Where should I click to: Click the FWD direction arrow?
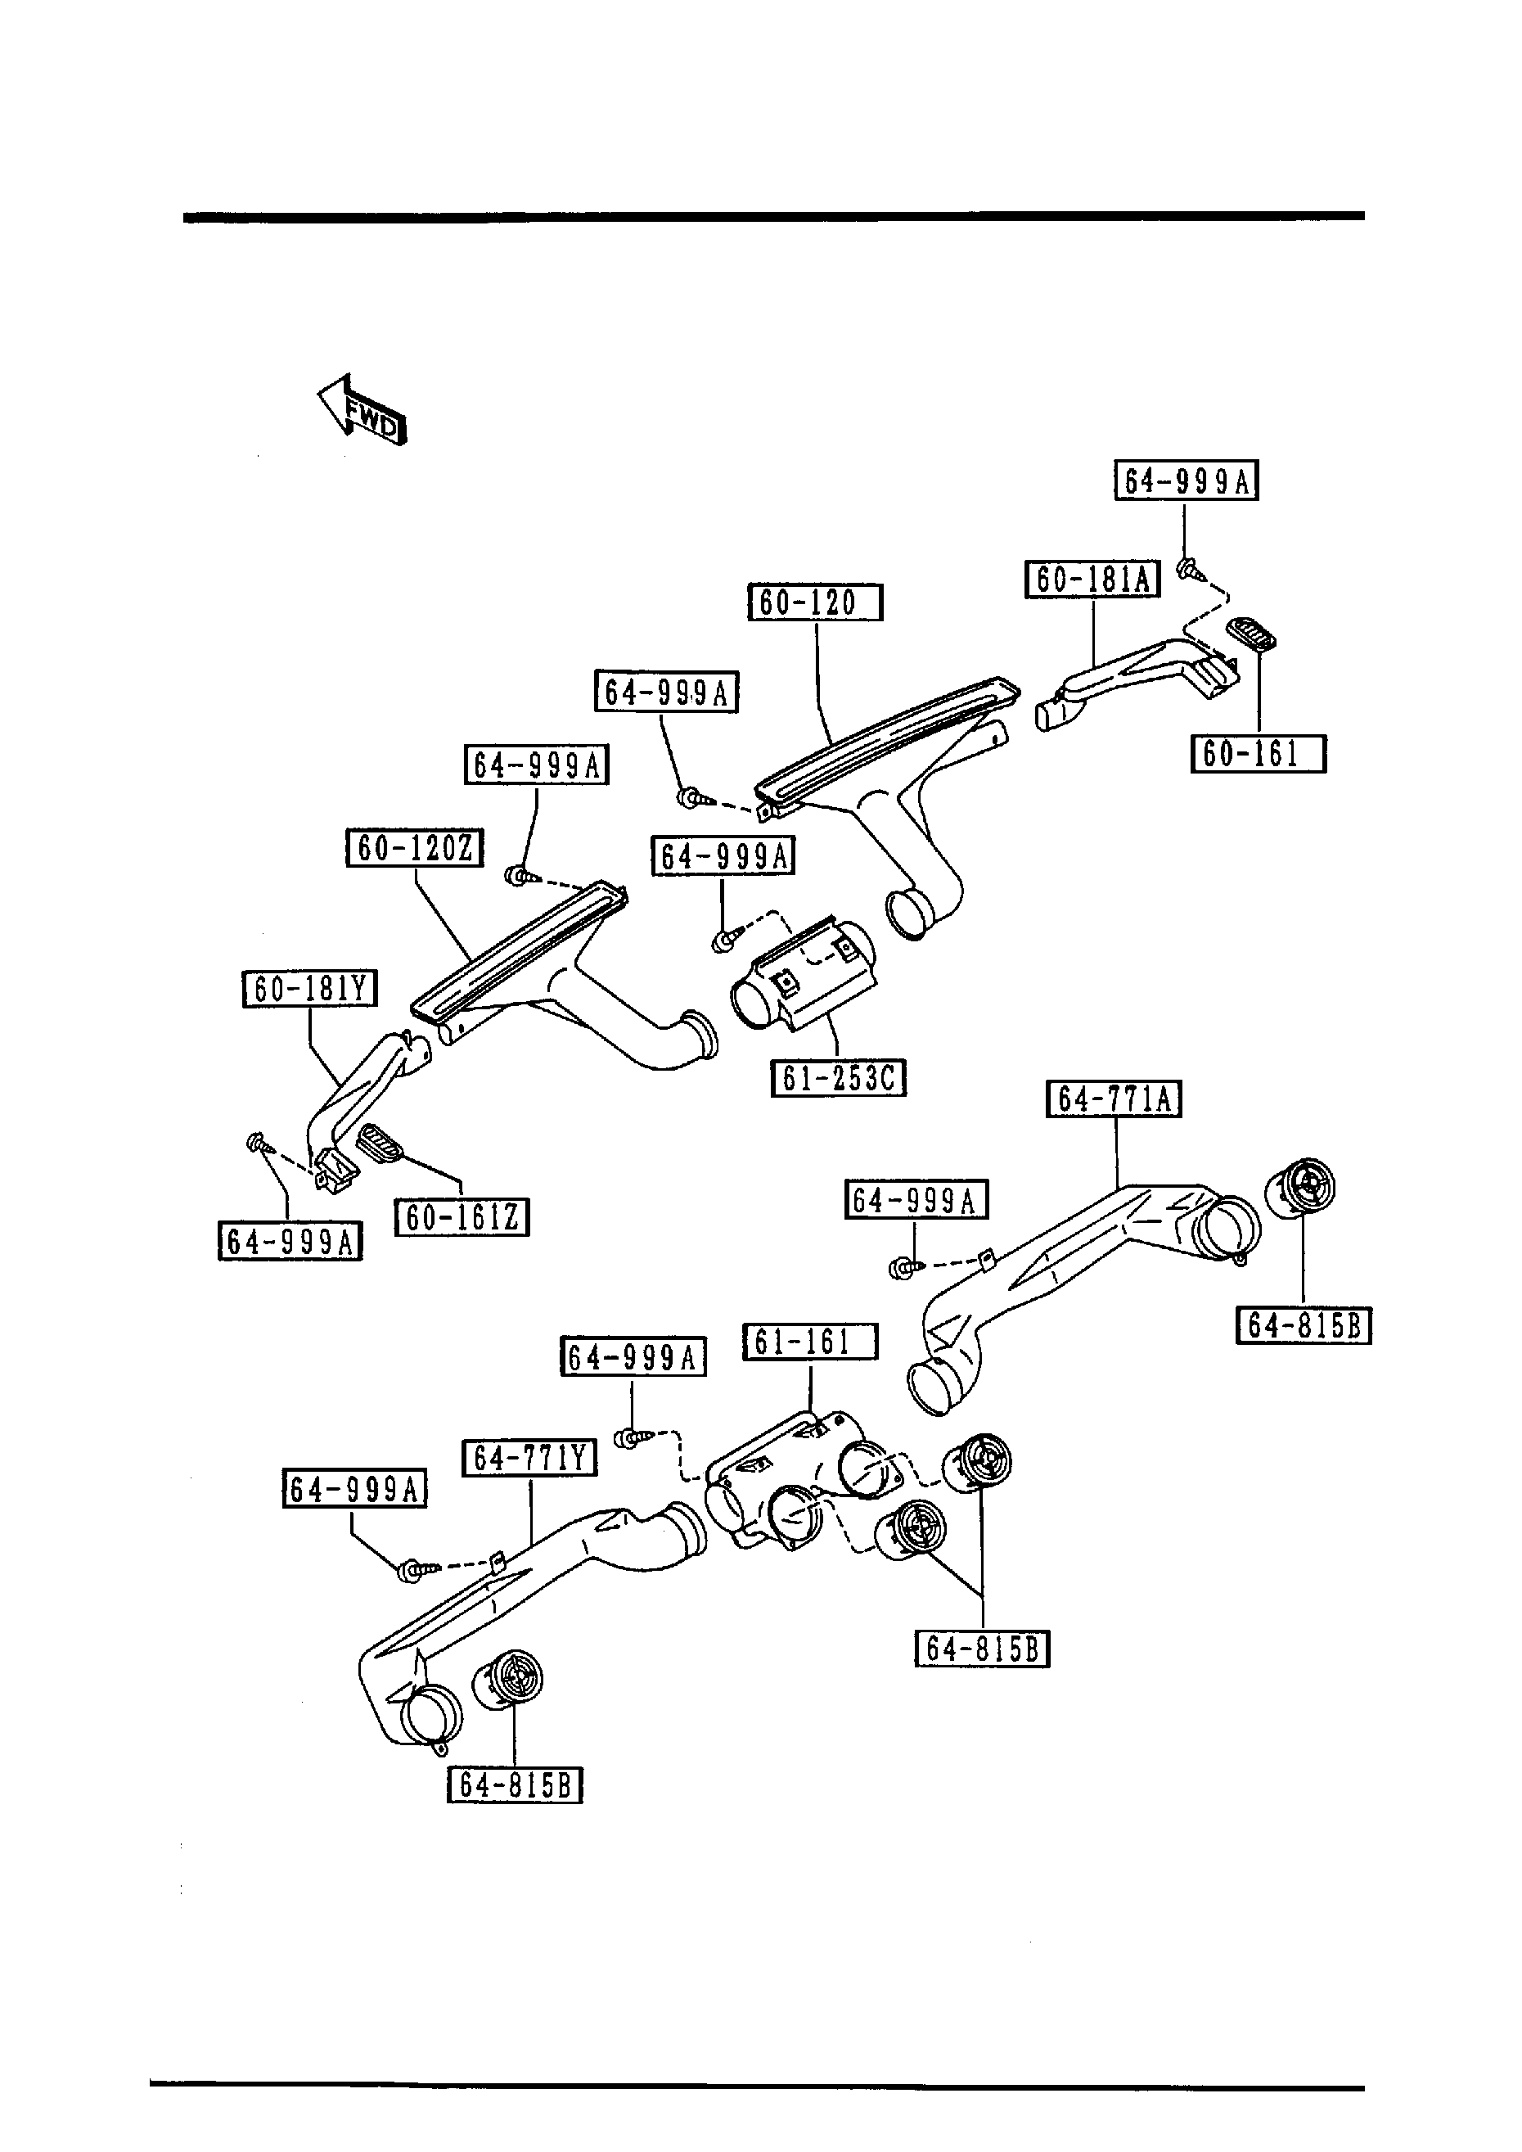(362, 409)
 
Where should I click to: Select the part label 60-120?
(814, 602)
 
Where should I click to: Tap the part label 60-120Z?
(414, 848)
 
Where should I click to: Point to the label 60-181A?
(1092, 580)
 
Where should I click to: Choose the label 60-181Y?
(309, 989)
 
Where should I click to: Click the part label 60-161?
(1258, 754)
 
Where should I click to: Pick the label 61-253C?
(838, 1078)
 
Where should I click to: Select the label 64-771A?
(1114, 1099)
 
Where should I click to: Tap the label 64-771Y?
(529, 1459)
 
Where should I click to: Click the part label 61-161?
(810, 1342)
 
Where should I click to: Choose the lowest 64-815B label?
(515, 1784)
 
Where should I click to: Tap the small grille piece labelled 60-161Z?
(380, 1143)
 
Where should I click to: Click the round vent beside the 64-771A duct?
(1302, 1189)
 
